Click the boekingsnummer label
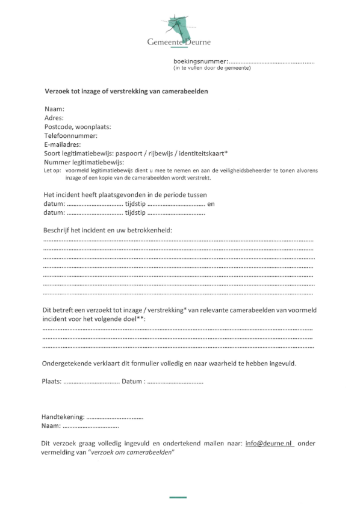200,61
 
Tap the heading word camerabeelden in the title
181,91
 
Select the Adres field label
54,118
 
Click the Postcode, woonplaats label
77,127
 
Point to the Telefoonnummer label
70,136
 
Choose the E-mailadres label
63,144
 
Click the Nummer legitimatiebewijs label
84,162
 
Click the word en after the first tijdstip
210,204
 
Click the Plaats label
52,382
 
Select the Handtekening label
63,417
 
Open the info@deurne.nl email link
269,443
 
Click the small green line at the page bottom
178,498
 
